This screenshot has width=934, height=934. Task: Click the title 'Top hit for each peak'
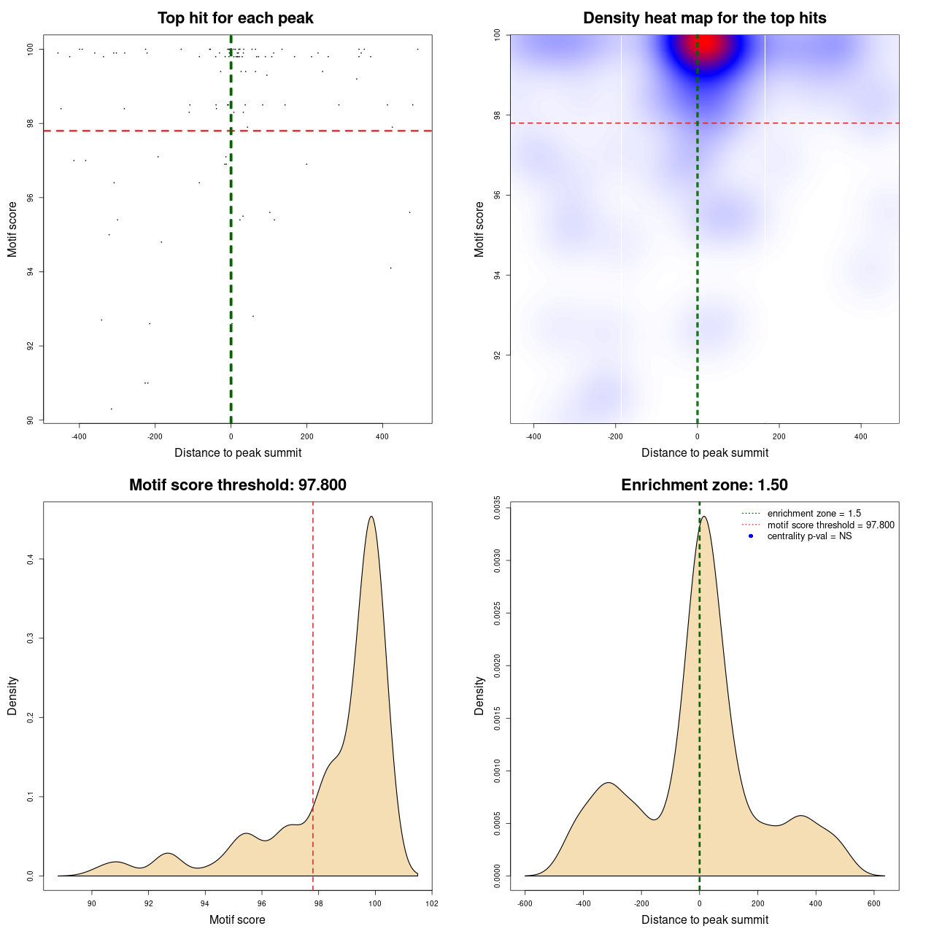(x=235, y=18)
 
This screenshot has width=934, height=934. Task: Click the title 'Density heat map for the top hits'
(x=704, y=18)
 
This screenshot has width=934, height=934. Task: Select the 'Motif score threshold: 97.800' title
(x=237, y=485)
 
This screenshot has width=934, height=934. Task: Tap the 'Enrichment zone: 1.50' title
(x=704, y=485)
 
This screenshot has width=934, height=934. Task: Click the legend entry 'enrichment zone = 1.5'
(x=814, y=514)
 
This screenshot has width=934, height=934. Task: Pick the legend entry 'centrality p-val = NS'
(x=809, y=536)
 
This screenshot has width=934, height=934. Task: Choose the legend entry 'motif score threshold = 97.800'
(x=830, y=525)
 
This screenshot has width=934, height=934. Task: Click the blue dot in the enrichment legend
(x=751, y=536)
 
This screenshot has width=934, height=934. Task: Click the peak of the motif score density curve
(x=371, y=517)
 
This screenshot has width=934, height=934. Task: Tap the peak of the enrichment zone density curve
(x=703, y=517)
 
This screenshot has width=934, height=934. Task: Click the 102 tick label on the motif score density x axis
(x=432, y=903)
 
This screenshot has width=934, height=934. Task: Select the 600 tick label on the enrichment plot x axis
(x=873, y=903)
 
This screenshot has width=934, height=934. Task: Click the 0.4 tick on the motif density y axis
(x=30, y=559)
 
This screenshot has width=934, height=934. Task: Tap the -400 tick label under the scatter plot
(x=79, y=436)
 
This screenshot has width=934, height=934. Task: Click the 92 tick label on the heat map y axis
(x=497, y=355)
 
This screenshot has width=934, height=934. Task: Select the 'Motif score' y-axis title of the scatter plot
(x=12, y=229)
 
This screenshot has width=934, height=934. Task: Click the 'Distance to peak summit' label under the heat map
(x=704, y=452)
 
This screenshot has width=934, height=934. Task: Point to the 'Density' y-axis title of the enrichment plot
(x=479, y=695)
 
